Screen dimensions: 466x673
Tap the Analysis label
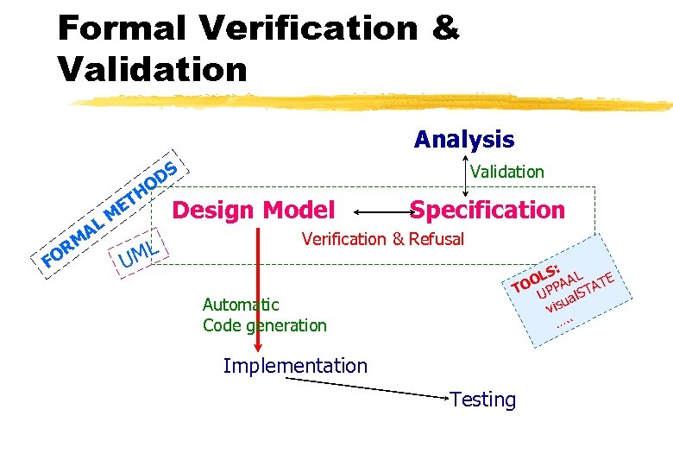pyautogui.click(x=463, y=139)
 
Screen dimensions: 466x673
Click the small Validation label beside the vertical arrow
pyautogui.click(x=507, y=172)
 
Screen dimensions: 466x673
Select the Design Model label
pyautogui.click(x=254, y=210)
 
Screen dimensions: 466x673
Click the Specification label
pyautogui.click(x=487, y=210)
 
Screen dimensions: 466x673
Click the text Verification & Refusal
pyautogui.click(x=382, y=239)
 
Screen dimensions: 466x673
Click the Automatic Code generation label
pyautogui.click(x=264, y=315)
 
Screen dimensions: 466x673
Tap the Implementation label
pyautogui.click(x=295, y=366)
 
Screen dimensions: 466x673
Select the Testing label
pyautogui.click(x=483, y=400)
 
